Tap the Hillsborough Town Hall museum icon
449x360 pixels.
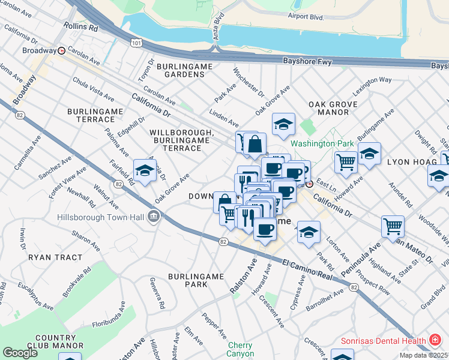pos(154,217)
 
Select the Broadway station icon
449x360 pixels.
pos(61,51)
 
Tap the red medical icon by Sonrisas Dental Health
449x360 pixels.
pos(435,340)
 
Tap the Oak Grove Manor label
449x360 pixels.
pos(333,108)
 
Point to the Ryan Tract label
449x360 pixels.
pos(55,257)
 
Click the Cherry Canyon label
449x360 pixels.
pos(240,349)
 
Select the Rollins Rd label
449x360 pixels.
pos(81,28)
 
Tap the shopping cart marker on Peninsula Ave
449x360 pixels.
pos(393,227)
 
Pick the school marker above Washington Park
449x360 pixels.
pos(284,124)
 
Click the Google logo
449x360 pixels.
pos(20,353)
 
